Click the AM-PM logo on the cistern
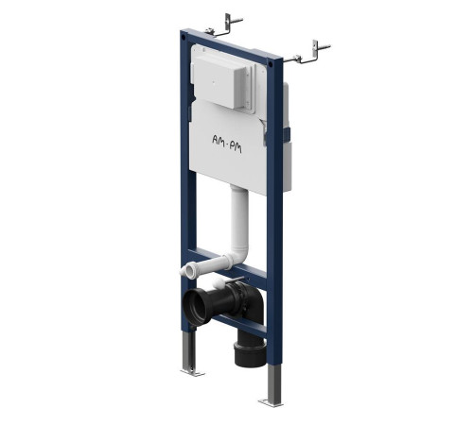[x=227, y=144]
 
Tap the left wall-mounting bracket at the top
[x=223, y=26]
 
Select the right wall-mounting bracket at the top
[x=307, y=53]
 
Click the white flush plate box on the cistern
[x=219, y=81]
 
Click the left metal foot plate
[x=193, y=373]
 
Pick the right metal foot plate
[x=271, y=402]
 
